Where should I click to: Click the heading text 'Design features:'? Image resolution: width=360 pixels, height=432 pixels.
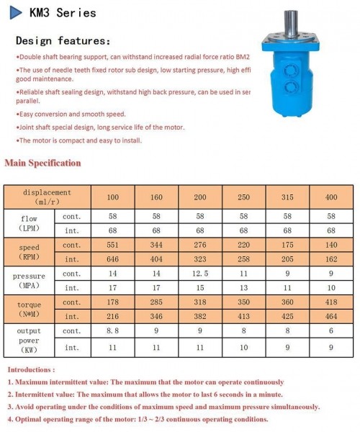coord(63,40)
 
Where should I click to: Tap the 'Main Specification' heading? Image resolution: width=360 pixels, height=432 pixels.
coord(42,163)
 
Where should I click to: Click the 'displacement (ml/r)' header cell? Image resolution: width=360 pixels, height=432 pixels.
coord(48,197)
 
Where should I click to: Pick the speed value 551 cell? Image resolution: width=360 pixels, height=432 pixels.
coord(113,246)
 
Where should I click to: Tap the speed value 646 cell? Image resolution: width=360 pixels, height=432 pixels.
coord(113,258)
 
